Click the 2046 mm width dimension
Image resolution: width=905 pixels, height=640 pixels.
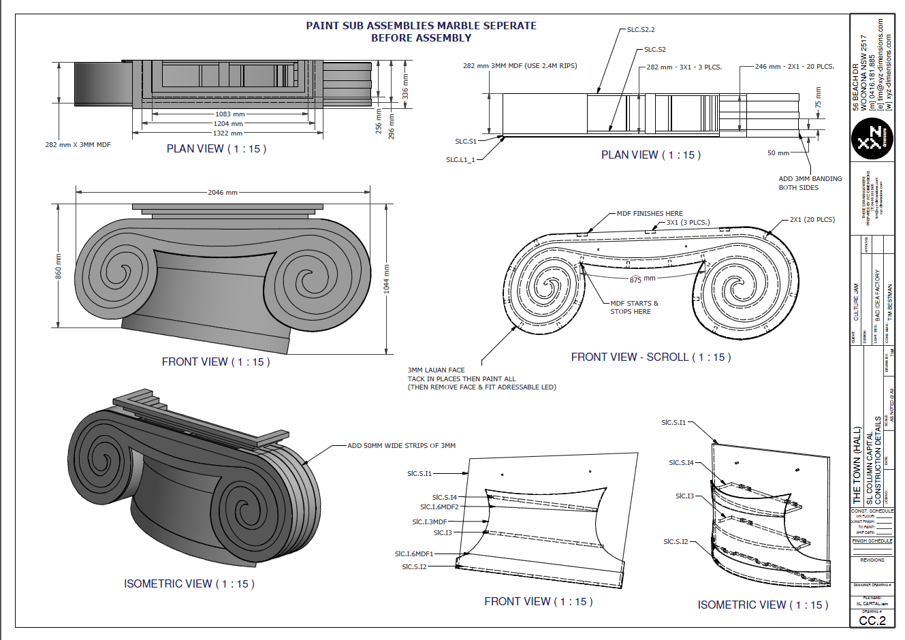(x=223, y=192)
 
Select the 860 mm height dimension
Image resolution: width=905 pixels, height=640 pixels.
(x=59, y=266)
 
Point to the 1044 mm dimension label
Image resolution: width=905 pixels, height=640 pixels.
(x=386, y=278)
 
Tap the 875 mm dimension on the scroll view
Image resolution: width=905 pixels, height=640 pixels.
(x=642, y=279)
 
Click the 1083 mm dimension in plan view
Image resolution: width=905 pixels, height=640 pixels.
(x=229, y=114)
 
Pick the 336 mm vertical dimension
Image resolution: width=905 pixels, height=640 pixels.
(x=405, y=87)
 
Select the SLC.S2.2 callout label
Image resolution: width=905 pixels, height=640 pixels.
(x=641, y=30)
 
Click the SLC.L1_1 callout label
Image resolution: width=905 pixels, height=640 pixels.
(x=460, y=160)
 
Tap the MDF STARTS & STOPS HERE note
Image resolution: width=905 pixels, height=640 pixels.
(x=633, y=307)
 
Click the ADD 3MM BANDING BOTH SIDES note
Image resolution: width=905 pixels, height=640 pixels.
(x=810, y=182)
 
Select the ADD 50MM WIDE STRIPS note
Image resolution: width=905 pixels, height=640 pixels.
(x=401, y=446)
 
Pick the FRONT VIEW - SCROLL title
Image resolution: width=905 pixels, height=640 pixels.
(x=650, y=357)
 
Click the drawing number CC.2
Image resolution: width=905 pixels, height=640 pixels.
(x=872, y=620)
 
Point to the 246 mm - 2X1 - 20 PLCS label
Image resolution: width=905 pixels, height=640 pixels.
(x=794, y=67)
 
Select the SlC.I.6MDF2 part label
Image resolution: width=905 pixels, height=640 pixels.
(x=439, y=507)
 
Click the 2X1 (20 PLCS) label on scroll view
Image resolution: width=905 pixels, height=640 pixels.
(x=812, y=220)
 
